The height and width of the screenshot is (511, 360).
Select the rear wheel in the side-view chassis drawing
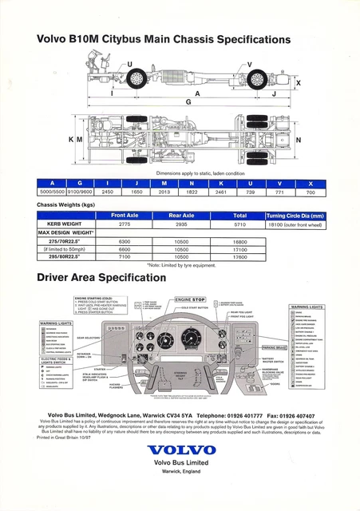(x=257, y=79)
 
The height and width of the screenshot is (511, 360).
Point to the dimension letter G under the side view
(x=188, y=101)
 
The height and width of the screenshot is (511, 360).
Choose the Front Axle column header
(x=129, y=216)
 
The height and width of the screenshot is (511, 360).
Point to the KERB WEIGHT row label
(x=61, y=226)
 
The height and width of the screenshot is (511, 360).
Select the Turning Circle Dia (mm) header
(x=295, y=216)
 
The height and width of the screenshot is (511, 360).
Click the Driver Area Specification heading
(x=117, y=279)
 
